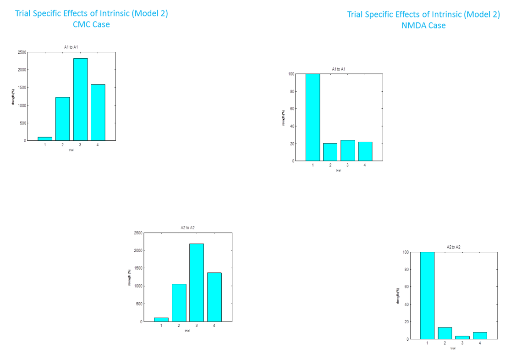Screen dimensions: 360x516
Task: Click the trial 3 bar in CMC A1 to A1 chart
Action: point(80,99)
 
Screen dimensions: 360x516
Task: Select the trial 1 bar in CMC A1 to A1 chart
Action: point(45,138)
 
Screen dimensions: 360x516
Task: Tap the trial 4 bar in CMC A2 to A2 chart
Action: point(214,297)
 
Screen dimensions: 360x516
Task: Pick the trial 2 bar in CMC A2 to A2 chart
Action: point(179,303)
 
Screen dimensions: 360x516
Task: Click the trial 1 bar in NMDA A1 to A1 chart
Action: point(313,117)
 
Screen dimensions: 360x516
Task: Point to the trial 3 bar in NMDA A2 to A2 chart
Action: point(462,338)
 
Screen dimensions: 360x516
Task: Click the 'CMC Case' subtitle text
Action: point(91,25)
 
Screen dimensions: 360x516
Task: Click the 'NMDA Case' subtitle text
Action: point(423,26)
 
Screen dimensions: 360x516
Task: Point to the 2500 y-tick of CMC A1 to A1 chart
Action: point(22,52)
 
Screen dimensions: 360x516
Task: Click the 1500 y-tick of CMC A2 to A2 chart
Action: point(138,268)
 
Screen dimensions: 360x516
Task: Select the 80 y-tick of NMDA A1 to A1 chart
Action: point(291,91)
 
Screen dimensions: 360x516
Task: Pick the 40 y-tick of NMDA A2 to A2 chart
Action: point(405,305)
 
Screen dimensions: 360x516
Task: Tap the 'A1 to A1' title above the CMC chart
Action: point(71,47)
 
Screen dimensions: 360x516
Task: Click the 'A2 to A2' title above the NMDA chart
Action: point(453,247)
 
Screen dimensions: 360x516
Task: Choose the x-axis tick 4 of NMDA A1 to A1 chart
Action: point(365,165)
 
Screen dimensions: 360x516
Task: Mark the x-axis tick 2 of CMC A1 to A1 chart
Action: point(62,145)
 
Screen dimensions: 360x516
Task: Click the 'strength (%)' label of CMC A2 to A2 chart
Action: point(130,277)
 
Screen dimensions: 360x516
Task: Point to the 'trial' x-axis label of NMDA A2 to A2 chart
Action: point(452,348)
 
